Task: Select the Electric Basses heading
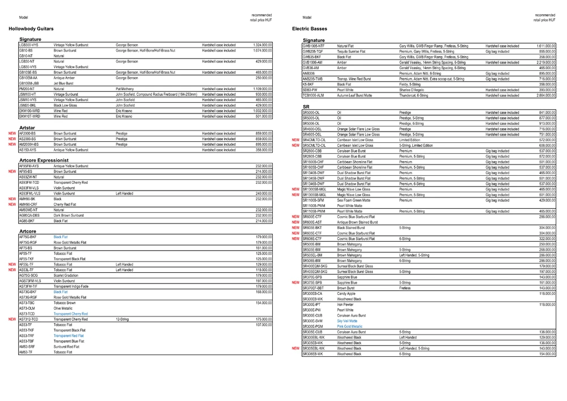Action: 311,28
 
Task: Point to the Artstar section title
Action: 27,128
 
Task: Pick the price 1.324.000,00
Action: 262,44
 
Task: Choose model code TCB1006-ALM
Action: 314,95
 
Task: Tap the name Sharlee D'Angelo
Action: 414,90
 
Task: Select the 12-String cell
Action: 122,319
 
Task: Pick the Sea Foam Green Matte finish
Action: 353,200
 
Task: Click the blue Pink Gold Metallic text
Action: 349,327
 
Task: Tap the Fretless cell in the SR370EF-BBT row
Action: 405,288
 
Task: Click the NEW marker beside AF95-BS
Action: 12,171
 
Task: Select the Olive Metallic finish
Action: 64,308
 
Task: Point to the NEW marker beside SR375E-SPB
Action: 295,282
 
